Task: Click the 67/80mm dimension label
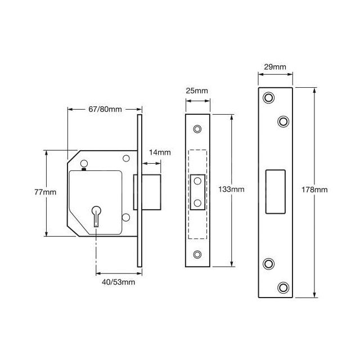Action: (x=105, y=109)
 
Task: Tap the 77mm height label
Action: (x=45, y=192)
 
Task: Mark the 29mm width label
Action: (x=275, y=67)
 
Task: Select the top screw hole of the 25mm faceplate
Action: (x=197, y=129)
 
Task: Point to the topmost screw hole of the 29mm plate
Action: (x=268, y=98)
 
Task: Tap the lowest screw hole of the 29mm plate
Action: (x=283, y=288)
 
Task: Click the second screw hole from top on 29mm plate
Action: (x=283, y=120)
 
